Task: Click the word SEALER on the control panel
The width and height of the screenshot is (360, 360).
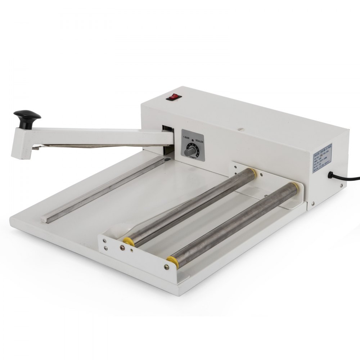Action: [x=199, y=142]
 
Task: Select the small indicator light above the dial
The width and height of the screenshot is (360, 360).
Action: [x=193, y=139]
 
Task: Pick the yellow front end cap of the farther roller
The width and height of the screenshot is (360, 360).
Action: [x=129, y=242]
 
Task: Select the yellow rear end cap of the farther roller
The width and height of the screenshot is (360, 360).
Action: [x=252, y=171]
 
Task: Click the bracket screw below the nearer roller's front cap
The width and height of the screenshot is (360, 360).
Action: [x=166, y=267]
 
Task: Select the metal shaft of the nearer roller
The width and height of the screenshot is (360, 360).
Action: [x=234, y=223]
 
